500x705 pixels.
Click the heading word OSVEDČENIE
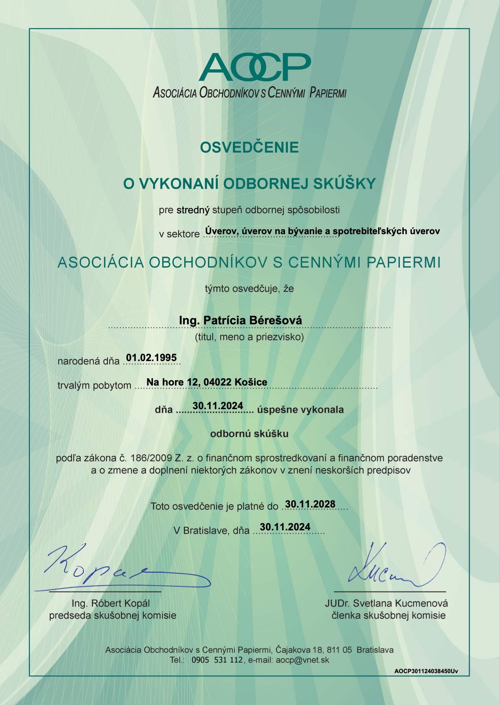[250, 147]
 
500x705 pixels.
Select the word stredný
[193, 210]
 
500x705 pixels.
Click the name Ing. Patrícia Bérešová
[241, 320]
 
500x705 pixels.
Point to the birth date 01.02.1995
[151, 358]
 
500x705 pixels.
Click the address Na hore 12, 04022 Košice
[207, 382]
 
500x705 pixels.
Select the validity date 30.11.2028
[310, 504]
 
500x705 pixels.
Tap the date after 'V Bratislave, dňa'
[285, 527]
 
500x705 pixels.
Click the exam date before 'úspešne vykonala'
[218, 406]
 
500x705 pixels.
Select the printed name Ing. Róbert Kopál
[111, 603]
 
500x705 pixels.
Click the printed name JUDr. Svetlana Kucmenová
[386, 603]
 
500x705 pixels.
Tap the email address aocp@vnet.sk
[302, 660]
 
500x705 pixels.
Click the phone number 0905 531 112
[217, 660]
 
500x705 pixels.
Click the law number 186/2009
[151, 458]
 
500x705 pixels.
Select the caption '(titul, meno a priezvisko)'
[250, 337]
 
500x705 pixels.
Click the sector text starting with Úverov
[322, 231]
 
